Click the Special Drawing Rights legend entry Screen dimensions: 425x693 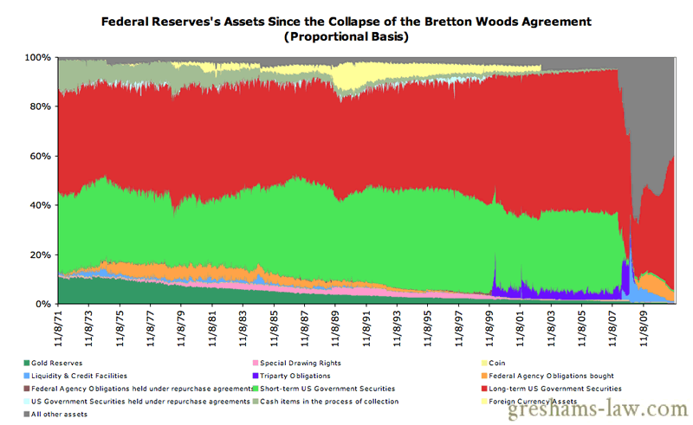295,363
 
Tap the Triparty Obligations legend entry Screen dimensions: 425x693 298,376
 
